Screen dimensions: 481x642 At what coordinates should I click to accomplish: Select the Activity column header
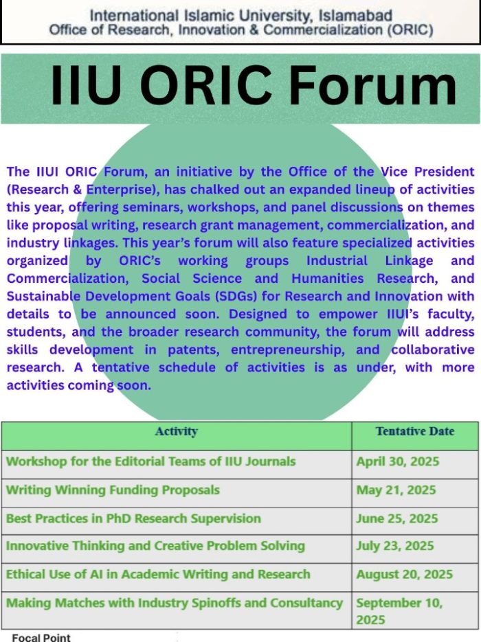176,431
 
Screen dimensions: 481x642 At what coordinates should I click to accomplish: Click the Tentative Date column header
415,431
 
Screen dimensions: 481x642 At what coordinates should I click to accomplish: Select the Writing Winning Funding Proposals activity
113,490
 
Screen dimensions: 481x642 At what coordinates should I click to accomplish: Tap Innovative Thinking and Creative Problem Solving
155,546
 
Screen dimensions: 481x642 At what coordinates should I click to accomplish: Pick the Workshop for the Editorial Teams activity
150,461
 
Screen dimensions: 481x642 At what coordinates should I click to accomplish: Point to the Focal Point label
41,637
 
